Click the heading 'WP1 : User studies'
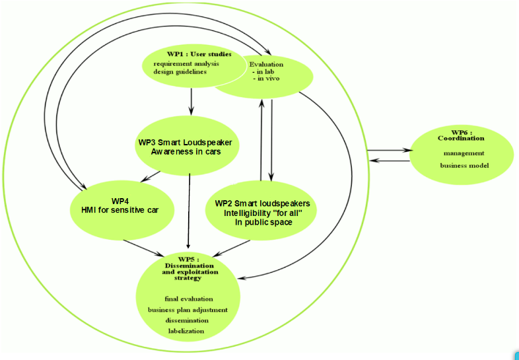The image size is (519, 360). coord(199,54)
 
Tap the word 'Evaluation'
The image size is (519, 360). coord(266,64)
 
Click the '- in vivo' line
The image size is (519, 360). coord(267,79)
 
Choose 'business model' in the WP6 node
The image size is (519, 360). coord(464,164)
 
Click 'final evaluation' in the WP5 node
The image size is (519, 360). coord(189,299)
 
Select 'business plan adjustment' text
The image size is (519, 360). coord(188,309)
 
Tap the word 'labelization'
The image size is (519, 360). coord(186,330)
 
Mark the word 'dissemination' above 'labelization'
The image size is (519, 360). coord(187,320)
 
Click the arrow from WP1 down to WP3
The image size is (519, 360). coord(191,101)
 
